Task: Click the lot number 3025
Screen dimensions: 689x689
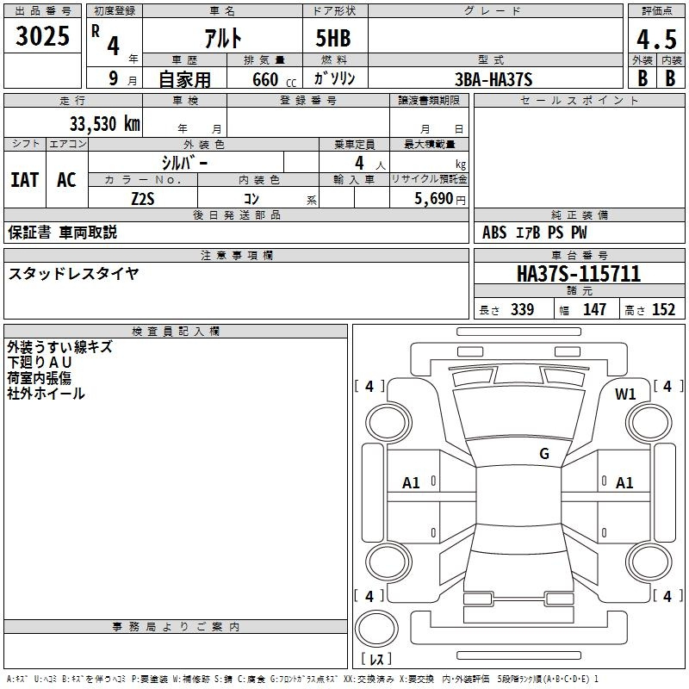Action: tap(42, 36)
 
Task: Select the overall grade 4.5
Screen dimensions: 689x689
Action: tap(656, 40)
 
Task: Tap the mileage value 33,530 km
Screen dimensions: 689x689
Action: tap(104, 124)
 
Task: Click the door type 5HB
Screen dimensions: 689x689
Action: tap(333, 38)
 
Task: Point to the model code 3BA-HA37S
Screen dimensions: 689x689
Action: tap(493, 79)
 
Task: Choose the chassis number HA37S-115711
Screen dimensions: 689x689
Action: tap(579, 274)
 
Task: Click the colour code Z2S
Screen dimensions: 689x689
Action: tap(143, 199)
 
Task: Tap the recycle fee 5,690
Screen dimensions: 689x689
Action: tap(434, 199)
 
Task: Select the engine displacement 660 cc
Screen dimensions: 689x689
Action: tap(274, 80)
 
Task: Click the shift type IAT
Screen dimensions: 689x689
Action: tap(25, 180)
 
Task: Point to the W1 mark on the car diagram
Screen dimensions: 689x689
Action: tap(625, 394)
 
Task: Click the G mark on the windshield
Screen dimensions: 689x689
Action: tap(544, 453)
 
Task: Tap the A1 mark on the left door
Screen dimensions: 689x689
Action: tap(411, 483)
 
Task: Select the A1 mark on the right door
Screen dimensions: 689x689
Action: tap(624, 483)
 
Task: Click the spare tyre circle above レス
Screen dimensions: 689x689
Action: tap(376, 629)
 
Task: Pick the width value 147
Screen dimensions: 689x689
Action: tap(594, 309)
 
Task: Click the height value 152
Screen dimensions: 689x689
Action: tap(663, 309)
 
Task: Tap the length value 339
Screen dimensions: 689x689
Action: tap(522, 309)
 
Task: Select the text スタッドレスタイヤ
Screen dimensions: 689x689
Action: tap(73, 274)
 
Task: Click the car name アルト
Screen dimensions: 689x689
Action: tap(223, 38)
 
